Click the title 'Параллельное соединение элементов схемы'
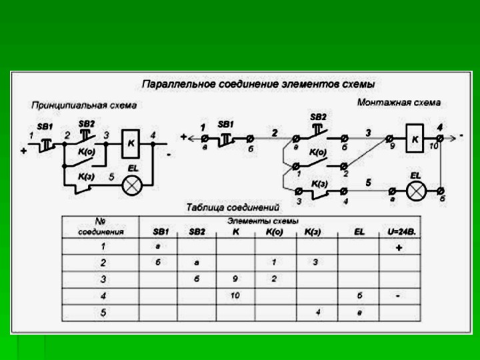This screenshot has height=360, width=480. coord(259,85)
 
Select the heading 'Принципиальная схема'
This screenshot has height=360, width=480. coord(84,105)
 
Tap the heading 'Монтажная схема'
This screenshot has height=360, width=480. coord(399,103)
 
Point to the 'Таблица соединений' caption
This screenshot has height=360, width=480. coord(233,207)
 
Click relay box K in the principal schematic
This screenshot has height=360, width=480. coord(132,142)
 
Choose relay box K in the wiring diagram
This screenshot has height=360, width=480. coord(415,139)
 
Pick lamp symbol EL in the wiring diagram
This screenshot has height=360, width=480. coord(416,191)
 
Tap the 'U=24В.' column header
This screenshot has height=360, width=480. coord(402,231)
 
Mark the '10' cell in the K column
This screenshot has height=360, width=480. coord(235,295)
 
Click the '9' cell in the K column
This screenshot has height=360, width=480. coord(235,279)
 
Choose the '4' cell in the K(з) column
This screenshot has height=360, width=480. coord(317,311)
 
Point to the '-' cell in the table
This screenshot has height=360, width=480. coord(398,295)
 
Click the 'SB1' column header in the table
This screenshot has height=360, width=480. coord(161,231)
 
